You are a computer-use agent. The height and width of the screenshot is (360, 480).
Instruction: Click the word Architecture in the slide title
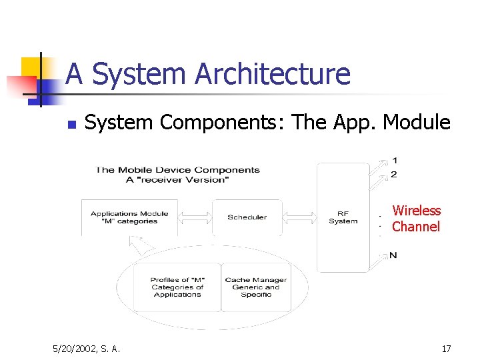click(272, 73)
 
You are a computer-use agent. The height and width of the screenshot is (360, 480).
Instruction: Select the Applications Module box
click(129, 217)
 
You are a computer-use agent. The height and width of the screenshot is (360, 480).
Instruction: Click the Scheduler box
click(247, 217)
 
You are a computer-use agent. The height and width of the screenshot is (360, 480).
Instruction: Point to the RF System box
click(343, 217)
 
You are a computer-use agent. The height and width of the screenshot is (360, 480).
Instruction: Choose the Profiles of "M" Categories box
click(177, 287)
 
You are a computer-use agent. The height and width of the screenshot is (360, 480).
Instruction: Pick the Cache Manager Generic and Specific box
click(256, 287)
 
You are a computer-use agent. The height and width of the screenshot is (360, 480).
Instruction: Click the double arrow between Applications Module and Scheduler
click(195, 217)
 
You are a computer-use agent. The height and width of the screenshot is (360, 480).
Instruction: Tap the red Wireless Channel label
click(416, 219)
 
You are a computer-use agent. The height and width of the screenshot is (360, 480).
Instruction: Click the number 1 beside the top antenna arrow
click(395, 161)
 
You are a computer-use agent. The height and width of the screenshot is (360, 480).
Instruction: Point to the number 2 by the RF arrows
click(395, 175)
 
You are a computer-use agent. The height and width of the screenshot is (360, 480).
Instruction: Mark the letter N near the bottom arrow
click(394, 255)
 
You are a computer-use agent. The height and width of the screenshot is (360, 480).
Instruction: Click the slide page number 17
click(446, 348)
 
